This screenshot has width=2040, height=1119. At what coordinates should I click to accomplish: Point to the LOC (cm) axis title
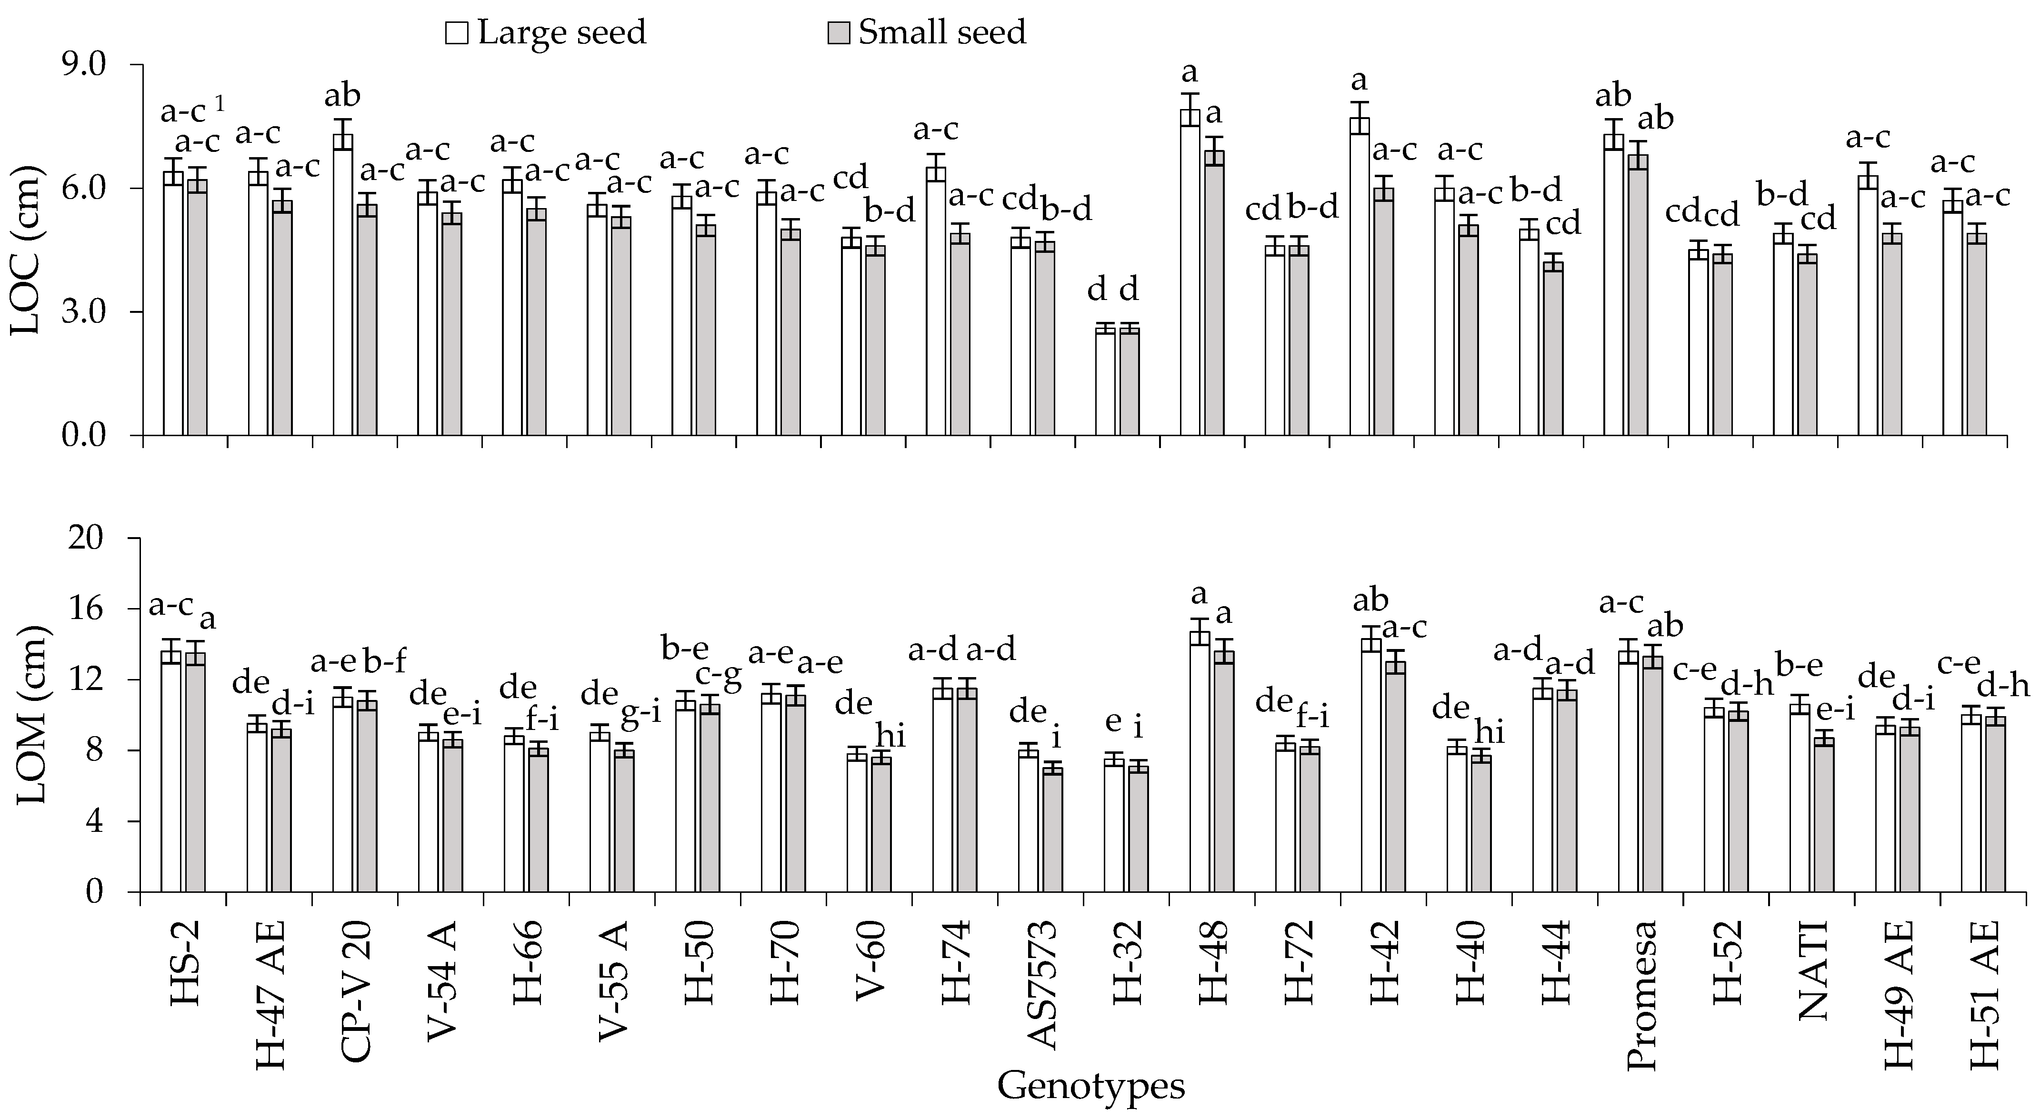coord(25,250)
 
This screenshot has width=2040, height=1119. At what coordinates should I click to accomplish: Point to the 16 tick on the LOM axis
coord(105,609)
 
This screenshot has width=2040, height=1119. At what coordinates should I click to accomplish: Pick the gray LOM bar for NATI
coord(1824,816)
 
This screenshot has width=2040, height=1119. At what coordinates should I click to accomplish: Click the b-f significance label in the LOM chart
coord(384,659)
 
